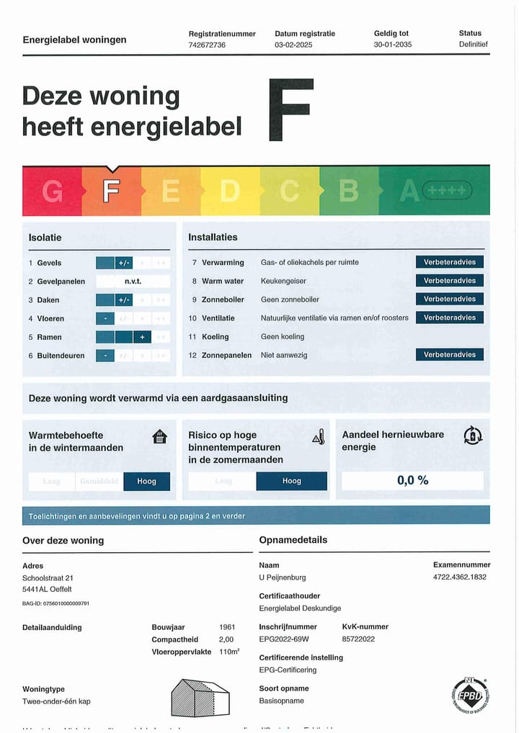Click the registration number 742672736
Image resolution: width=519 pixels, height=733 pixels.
tap(207, 45)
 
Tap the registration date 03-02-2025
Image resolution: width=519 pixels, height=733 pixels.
tap(295, 45)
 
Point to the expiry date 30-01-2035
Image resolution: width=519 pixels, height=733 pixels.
tap(393, 45)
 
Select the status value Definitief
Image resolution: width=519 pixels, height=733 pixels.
tap(473, 45)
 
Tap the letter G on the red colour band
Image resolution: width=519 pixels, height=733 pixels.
tap(52, 192)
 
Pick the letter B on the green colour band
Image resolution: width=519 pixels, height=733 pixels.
tap(349, 191)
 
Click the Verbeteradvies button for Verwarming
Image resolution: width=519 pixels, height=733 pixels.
tap(449, 262)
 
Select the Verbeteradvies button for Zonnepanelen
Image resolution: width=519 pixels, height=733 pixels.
tap(449, 354)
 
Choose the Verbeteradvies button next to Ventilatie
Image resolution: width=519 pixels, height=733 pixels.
tap(449, 318)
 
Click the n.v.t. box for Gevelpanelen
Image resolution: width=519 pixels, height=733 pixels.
tap(133, 282)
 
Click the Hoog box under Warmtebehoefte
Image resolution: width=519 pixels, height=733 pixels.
tap(146, 481)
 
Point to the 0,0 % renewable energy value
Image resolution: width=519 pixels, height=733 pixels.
tap(412, 480)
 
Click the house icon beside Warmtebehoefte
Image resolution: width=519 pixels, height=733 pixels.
tap(160, 436)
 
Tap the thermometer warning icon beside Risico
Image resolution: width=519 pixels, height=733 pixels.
tap(318, 436)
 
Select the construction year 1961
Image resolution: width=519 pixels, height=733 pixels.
tap(227, 627)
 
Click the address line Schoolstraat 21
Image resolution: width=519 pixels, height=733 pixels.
tap(48, 577)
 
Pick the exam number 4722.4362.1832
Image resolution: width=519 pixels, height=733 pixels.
tap(459, 577)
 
